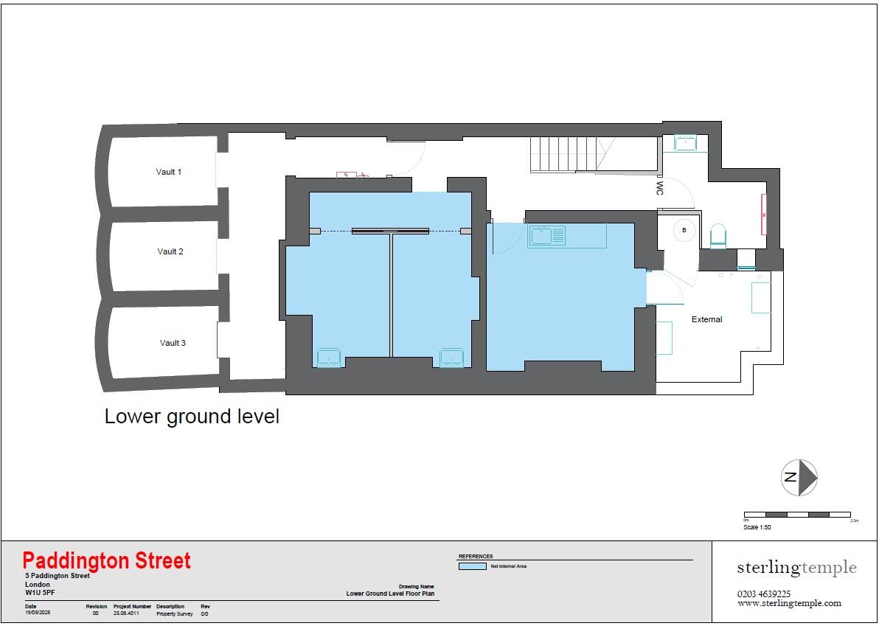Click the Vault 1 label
coord(168,172)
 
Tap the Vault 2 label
coord(170,251)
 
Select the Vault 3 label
coord(173,343)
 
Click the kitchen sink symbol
coord(546,236)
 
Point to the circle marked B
coord(684,230)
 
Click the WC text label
coord(659,188)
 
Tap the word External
coord(706,319)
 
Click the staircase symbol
coord(572,154)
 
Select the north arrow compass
coord(799,477)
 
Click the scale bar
coord(797,514)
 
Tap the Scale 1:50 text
coord(757,527)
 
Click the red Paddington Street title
coord(106,561)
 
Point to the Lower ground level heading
coord(192,417)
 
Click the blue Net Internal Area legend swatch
coord(472,566)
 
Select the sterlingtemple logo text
coord(796,567)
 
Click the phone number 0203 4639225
coord(764,594)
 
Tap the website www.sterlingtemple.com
coord(789,603)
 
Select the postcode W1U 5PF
coord(40,592)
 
